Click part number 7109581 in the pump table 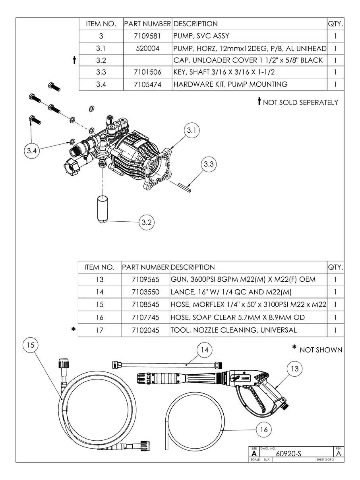pos(147,36)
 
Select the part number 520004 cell pos(147,48)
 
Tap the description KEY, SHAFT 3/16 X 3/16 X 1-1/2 pos(224,72)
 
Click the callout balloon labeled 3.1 pos(192,130)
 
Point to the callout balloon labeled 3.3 pos(209,164)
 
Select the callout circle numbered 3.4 pos(32,151)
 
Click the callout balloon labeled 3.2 pos(147,223)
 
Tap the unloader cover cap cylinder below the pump pos(103,209)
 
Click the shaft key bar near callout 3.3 pos(184,188)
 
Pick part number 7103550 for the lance pos(145,292)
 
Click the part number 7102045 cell pos(145,330)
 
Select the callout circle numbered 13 pos(295,369)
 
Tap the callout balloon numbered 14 pos(205,350)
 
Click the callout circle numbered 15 pos(31,345)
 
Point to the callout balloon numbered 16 pos(264,430)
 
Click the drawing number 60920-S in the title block pos(288,454)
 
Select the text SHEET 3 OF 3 pos(325,460)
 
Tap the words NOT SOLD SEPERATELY pos(300,103)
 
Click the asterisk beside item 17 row pos(74,329)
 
